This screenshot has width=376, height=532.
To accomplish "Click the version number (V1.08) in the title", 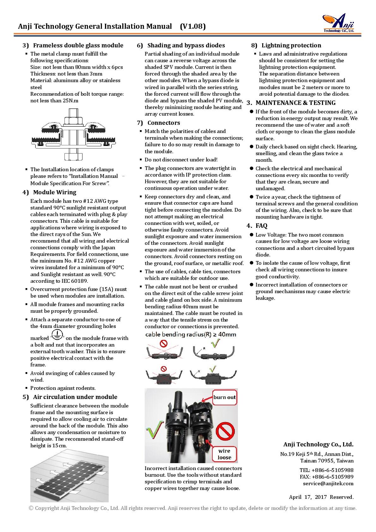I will [x=193, y=27].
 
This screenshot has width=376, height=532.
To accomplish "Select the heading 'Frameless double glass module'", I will [x=78, y=45].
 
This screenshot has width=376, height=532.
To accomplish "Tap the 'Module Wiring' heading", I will [x=55, y=192].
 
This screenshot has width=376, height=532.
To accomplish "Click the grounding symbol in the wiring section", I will [x=57, y=335].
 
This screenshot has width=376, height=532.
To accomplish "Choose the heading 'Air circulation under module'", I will [x=75, y=397].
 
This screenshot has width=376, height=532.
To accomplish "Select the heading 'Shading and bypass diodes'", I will [x=186, y=45].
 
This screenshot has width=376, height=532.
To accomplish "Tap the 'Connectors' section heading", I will [x=164, y=123].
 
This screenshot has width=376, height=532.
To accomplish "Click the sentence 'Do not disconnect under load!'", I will [x=181, y=160].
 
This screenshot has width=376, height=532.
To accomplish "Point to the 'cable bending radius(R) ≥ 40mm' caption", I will [x=191, y=334].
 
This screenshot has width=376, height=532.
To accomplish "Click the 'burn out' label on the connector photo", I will [x=224, y=397].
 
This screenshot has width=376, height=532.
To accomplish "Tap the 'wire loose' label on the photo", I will [x=224, y=454].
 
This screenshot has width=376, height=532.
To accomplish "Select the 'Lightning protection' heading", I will [x=291, y=45].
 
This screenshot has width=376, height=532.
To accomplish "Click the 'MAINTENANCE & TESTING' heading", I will [x=295, y=103].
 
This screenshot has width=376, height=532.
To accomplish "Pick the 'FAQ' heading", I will [x=261, y=226].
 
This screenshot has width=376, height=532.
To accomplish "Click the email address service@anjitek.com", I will [x=328, y=484].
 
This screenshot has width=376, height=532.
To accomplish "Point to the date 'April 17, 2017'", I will [x=308, y=497].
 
